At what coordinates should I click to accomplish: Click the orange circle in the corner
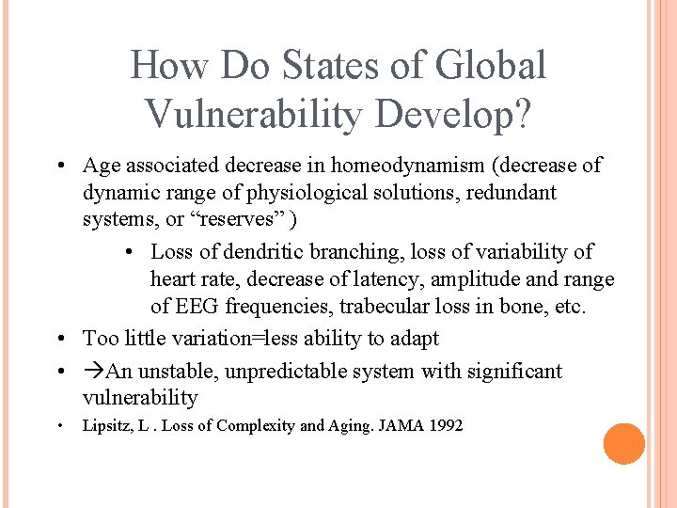[623, 444]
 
